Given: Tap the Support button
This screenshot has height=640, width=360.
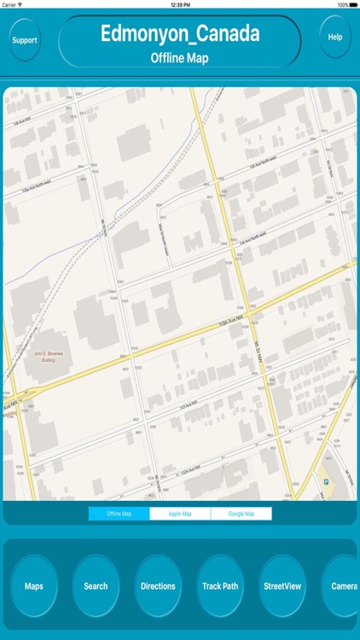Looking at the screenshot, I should tap(25, 39).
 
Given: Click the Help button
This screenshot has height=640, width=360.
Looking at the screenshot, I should tap(335, 37).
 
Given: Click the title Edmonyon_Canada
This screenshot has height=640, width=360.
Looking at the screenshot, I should tap(180, 34).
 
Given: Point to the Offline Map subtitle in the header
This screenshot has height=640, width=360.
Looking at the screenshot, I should tap(180, 58).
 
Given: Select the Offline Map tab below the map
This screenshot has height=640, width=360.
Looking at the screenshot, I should tap(119, 514).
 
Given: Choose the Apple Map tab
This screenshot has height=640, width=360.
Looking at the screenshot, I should tap(180, 514).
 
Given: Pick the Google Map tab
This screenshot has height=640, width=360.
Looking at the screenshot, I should tap(241, 514).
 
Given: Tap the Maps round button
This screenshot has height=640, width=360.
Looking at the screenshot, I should tap(34, 586).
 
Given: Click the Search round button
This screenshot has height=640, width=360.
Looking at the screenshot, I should tap(96, 586).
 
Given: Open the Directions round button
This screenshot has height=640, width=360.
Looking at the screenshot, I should tap(158, 586).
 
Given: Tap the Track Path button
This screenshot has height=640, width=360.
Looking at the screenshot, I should tap(220, 586).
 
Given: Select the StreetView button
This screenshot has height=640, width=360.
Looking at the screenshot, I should tap(282, 586).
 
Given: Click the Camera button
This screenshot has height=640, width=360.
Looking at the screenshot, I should tap(344, 586).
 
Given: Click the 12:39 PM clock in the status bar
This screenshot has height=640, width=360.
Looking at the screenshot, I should tap(180, 4).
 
